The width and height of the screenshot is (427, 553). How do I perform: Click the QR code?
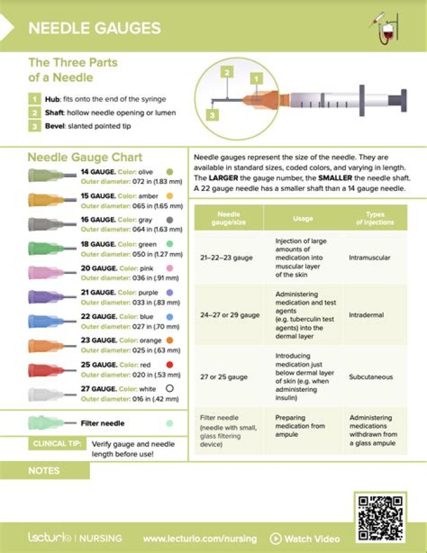pyautogui.click(x=381, y=516)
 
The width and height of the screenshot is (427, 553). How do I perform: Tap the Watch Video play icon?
pyautogui.click(x=276, y=539)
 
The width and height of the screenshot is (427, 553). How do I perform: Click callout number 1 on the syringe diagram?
pyautogui.click(x=256, y=78)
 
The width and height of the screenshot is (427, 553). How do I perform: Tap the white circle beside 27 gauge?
pyautogui.click(x=170, y=389)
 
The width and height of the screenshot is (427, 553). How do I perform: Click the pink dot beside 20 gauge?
pyautogui.click(x=170, y=268)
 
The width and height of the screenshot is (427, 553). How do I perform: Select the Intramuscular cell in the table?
pyautogui.click(x=369, y=258)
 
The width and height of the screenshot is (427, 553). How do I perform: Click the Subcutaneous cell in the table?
pyautogui.click(x=371, y=377)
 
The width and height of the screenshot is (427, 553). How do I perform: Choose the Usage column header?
pyautogui.click(x=302, y=218)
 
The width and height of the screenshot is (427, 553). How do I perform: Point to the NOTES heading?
pyautogui.click(x=44, y=471)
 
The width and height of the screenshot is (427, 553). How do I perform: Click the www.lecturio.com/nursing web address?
pyautogui.click(x=200, y=539)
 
